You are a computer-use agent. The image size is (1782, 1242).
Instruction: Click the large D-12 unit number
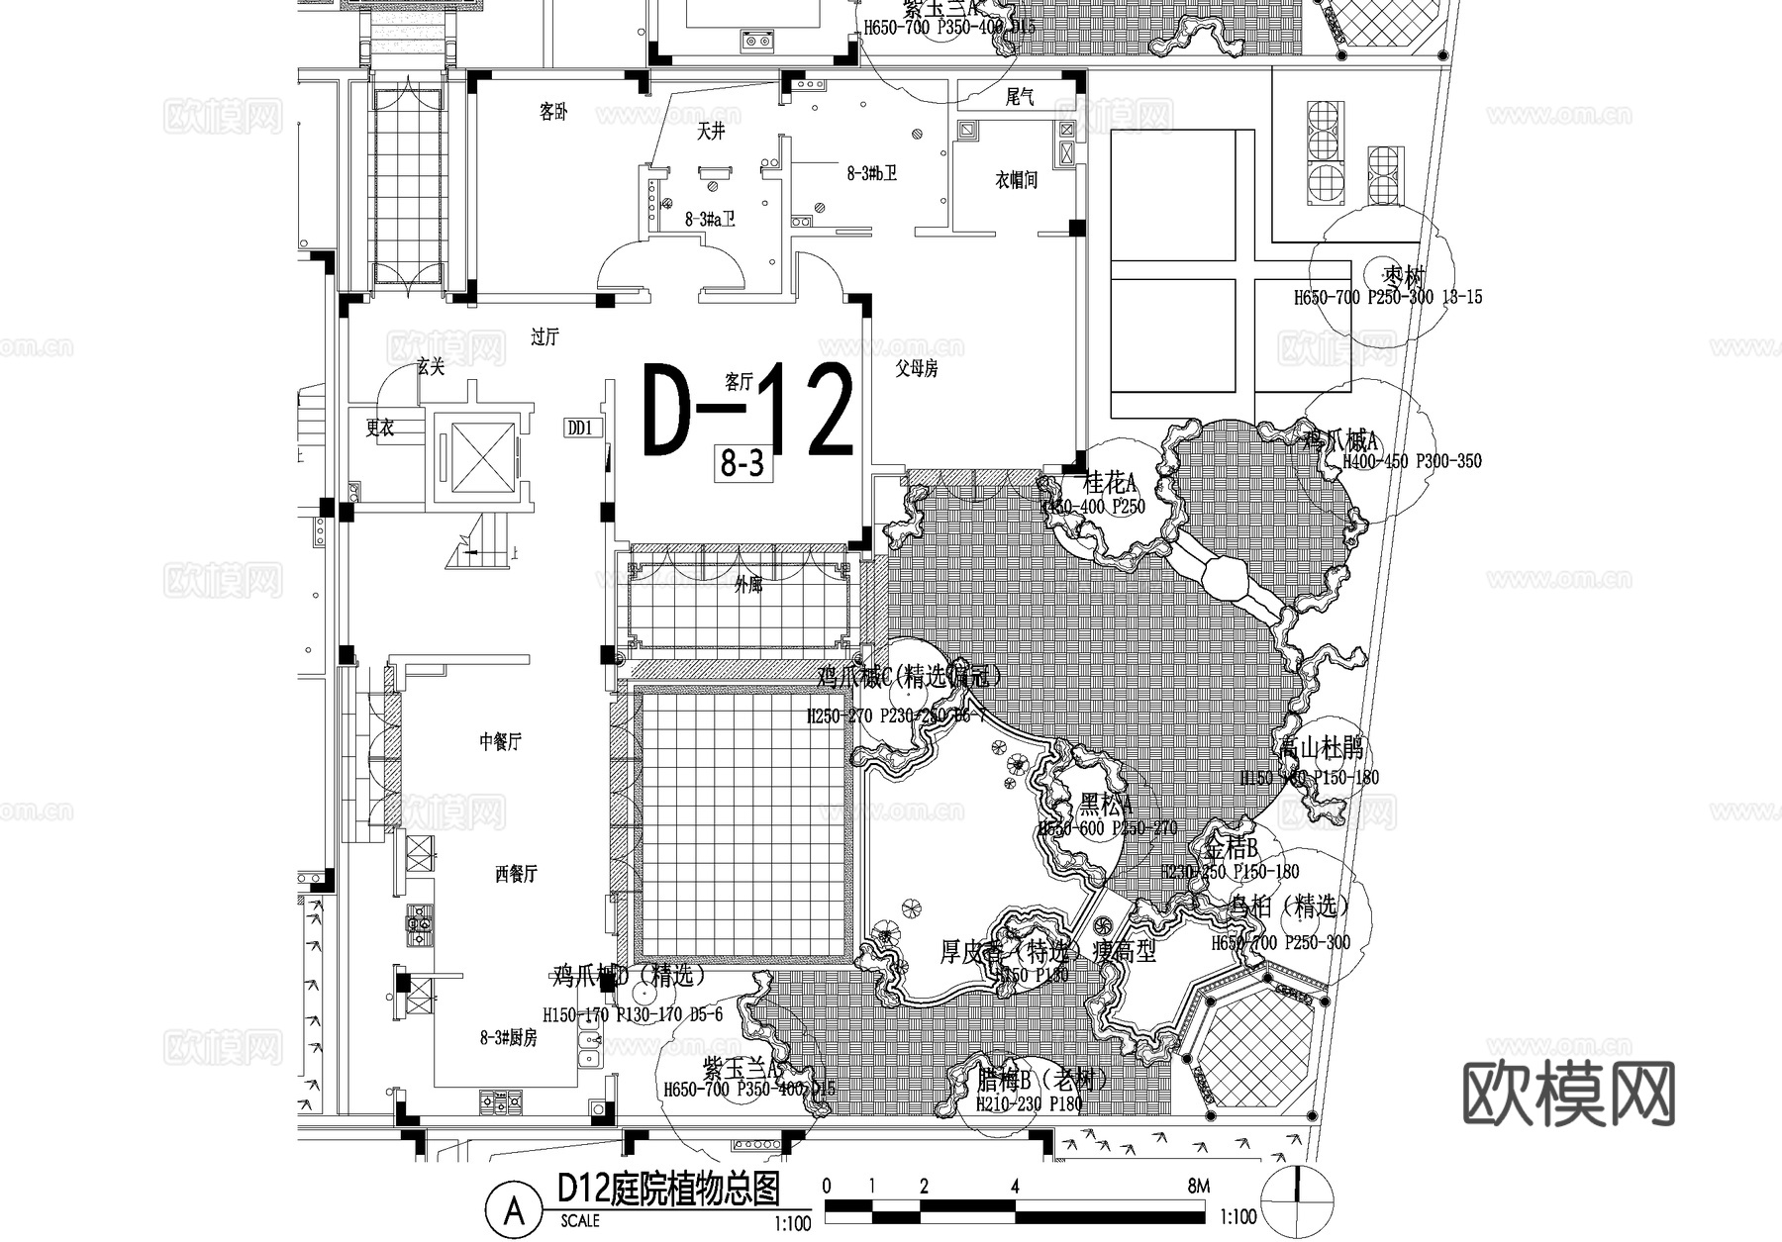pos(747,411)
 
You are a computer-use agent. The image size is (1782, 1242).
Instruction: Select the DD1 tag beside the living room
pos(579,428)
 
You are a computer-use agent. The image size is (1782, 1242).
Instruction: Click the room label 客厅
pos(739,381)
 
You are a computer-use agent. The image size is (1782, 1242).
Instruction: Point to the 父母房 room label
pos(917,369)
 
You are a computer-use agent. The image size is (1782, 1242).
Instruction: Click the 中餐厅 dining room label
pos(500,741)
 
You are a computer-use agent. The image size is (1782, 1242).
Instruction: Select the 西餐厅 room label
pos(515,874)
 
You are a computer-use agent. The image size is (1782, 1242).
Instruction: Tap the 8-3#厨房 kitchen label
pos(509,1037)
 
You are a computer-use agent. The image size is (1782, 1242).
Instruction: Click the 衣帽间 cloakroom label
pos(1016,180)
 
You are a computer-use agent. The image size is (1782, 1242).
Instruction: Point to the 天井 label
pos(710,131)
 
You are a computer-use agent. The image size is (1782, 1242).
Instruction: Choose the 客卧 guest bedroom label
pos(553,112)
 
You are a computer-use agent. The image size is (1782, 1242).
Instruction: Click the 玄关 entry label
pos(431,367)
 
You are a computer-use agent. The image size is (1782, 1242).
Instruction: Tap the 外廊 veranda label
pos(748,585)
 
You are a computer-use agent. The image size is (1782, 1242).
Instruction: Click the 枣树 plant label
pos(1404,274)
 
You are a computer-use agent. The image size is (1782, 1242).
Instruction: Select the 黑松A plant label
pos(1106,803)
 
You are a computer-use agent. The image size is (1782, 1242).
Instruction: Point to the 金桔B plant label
pos(1231,848)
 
